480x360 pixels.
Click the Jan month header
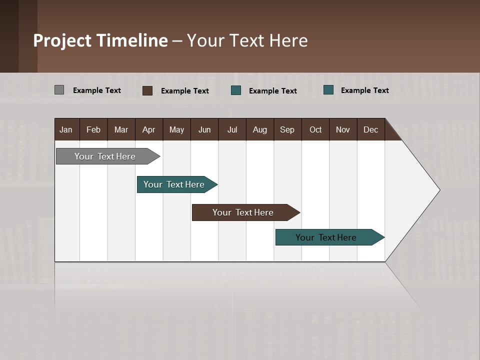pos(66,129)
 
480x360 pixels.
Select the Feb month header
pos(93,129)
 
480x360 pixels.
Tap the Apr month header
pos(149,129)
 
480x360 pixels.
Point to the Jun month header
pos(204,129)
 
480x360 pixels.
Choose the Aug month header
pos(260,129)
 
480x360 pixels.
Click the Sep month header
pos(287,129)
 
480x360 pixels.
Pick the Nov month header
pos(343,129)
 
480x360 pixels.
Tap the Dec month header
pos(371,129)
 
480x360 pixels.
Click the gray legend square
pos(59,90)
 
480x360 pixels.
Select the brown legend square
pos(147,90)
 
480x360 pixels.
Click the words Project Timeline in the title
pos(100,40)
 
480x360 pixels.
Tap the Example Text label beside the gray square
pos(97,90)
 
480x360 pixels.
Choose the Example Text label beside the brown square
pos(185,91)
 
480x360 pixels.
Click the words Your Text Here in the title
pos(247,40)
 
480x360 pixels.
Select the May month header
pos(176,129)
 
